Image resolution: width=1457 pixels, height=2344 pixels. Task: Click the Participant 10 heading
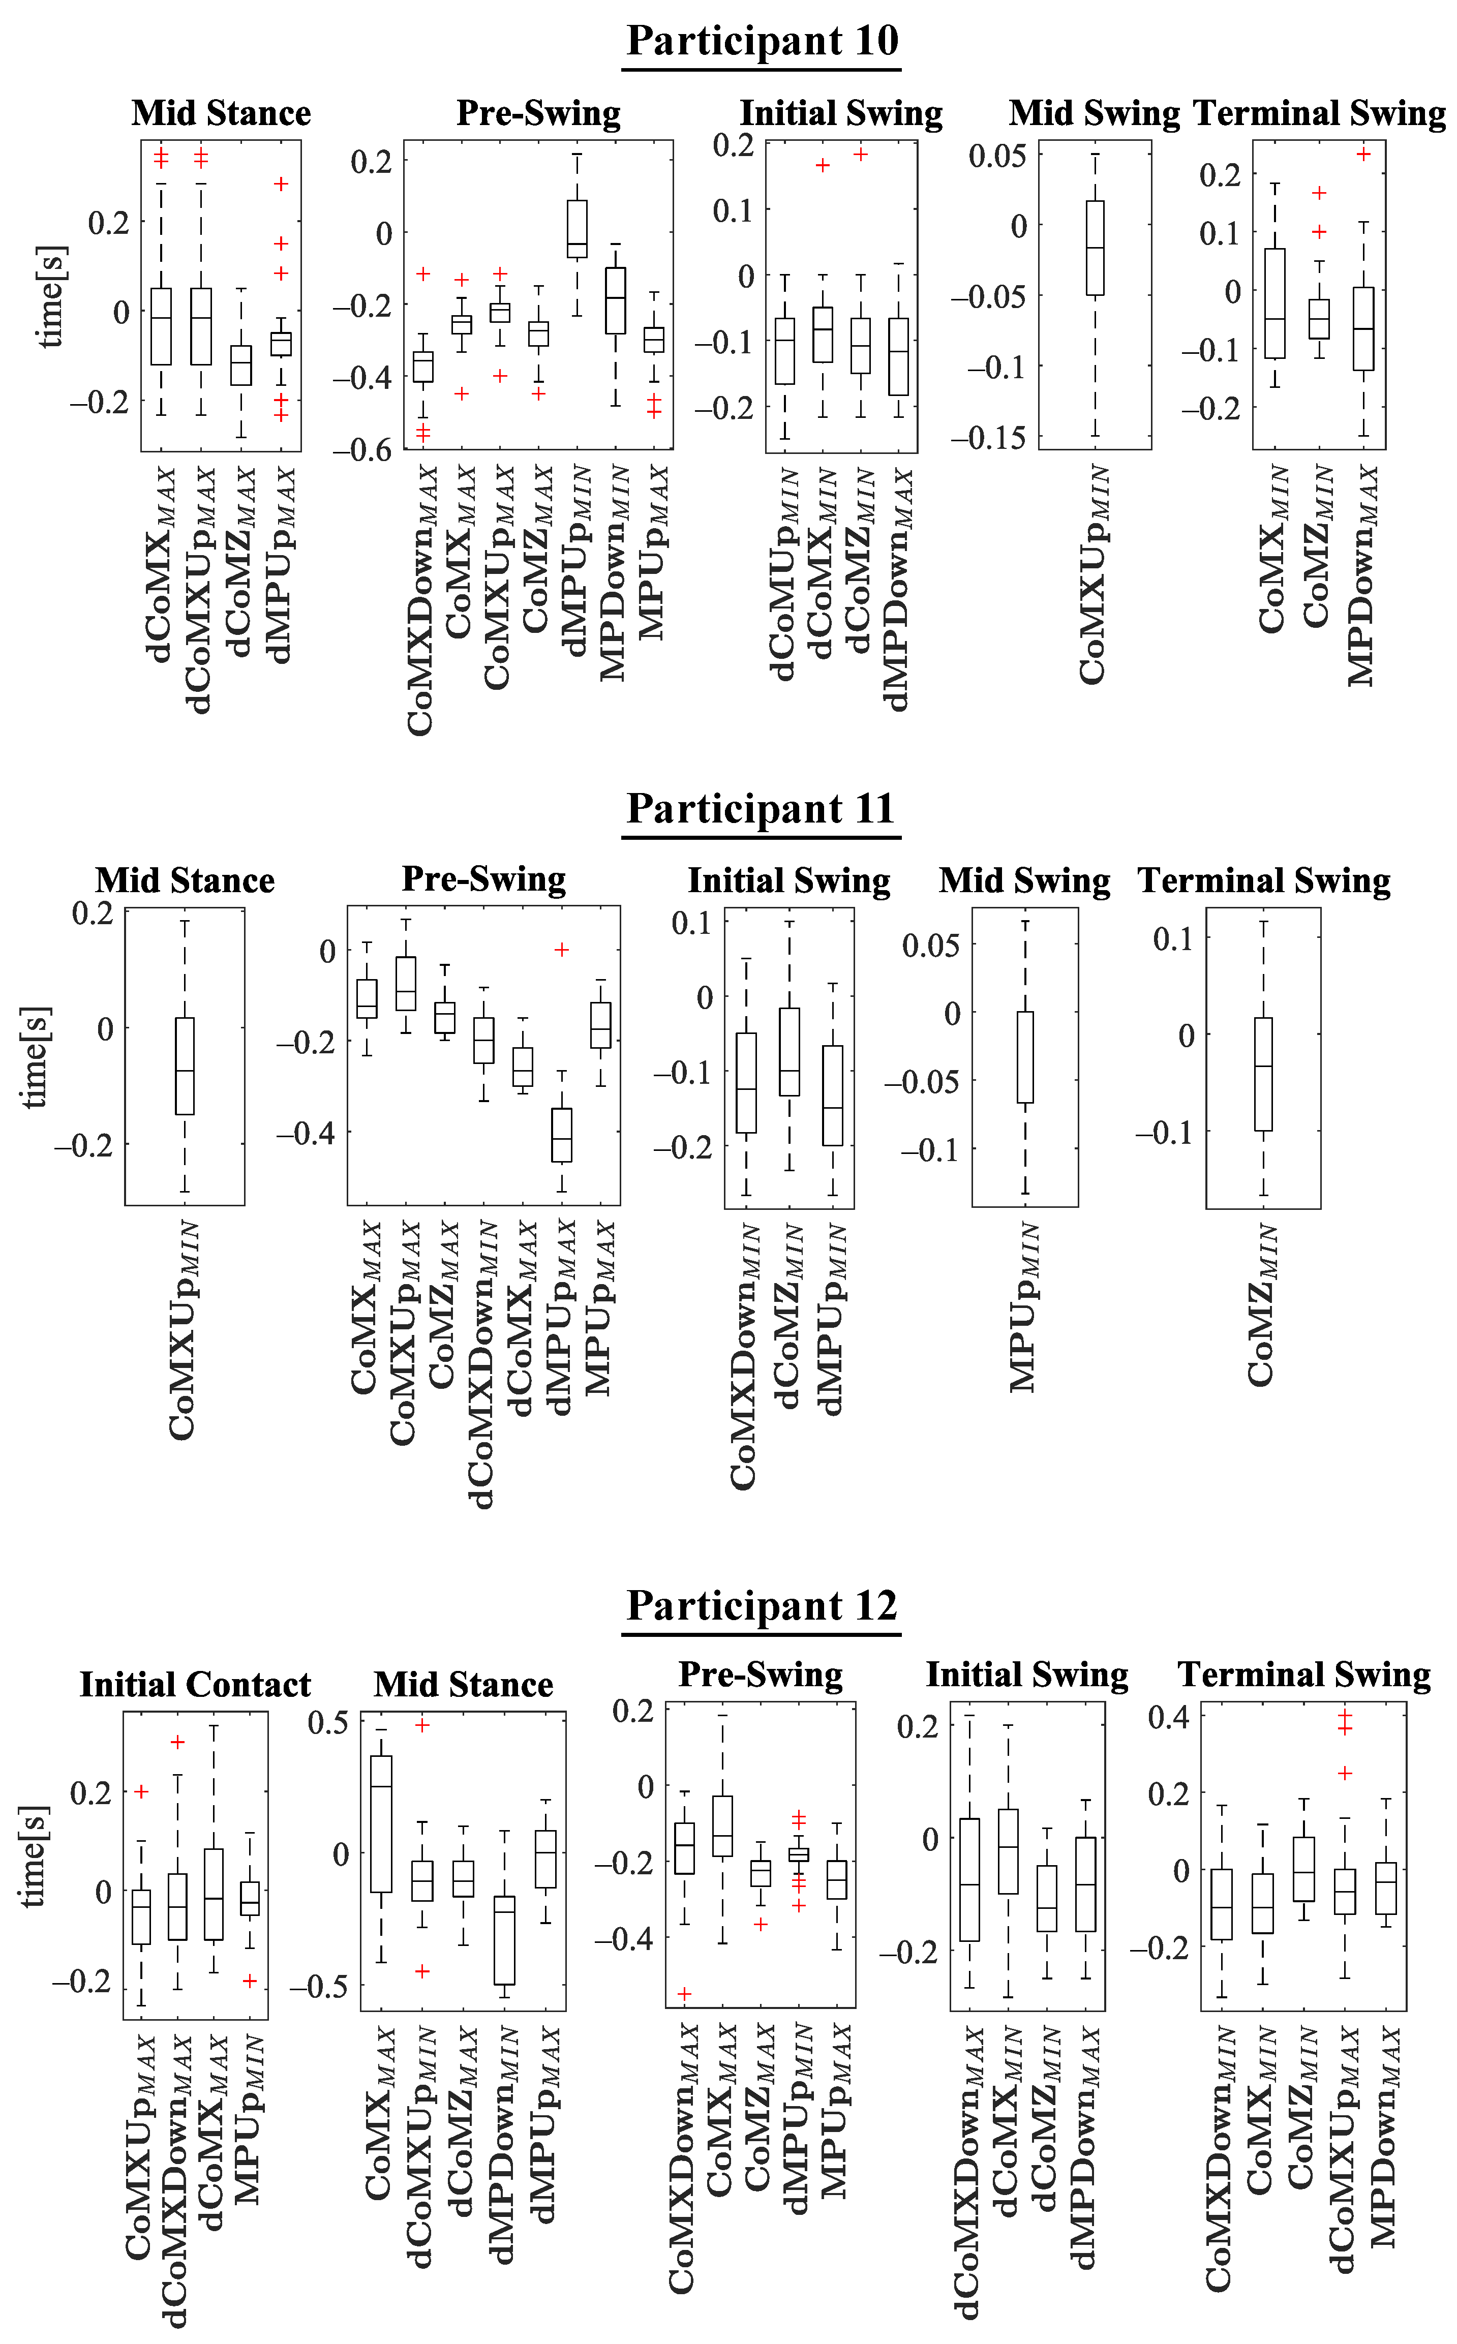pyautogui.click(x=761, y=41)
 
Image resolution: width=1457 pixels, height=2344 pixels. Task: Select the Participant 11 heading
pyautogui.click(x=761, y=808)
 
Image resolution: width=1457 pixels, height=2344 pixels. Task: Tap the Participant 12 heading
pyautogui.click(x=761, y=1605)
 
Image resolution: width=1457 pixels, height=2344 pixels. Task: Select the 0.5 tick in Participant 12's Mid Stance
pyautogui.click(x=327, y=1723)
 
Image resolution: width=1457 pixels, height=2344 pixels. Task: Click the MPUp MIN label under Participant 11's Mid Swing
pyautogui.click(x=1023, y=1307)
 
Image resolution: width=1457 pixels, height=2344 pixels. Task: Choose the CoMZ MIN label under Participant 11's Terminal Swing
pyautogui.click(x=1261, y=1305)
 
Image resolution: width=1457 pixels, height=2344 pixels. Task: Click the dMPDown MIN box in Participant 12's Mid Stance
pyautogui.click(x=504, y=1940)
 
